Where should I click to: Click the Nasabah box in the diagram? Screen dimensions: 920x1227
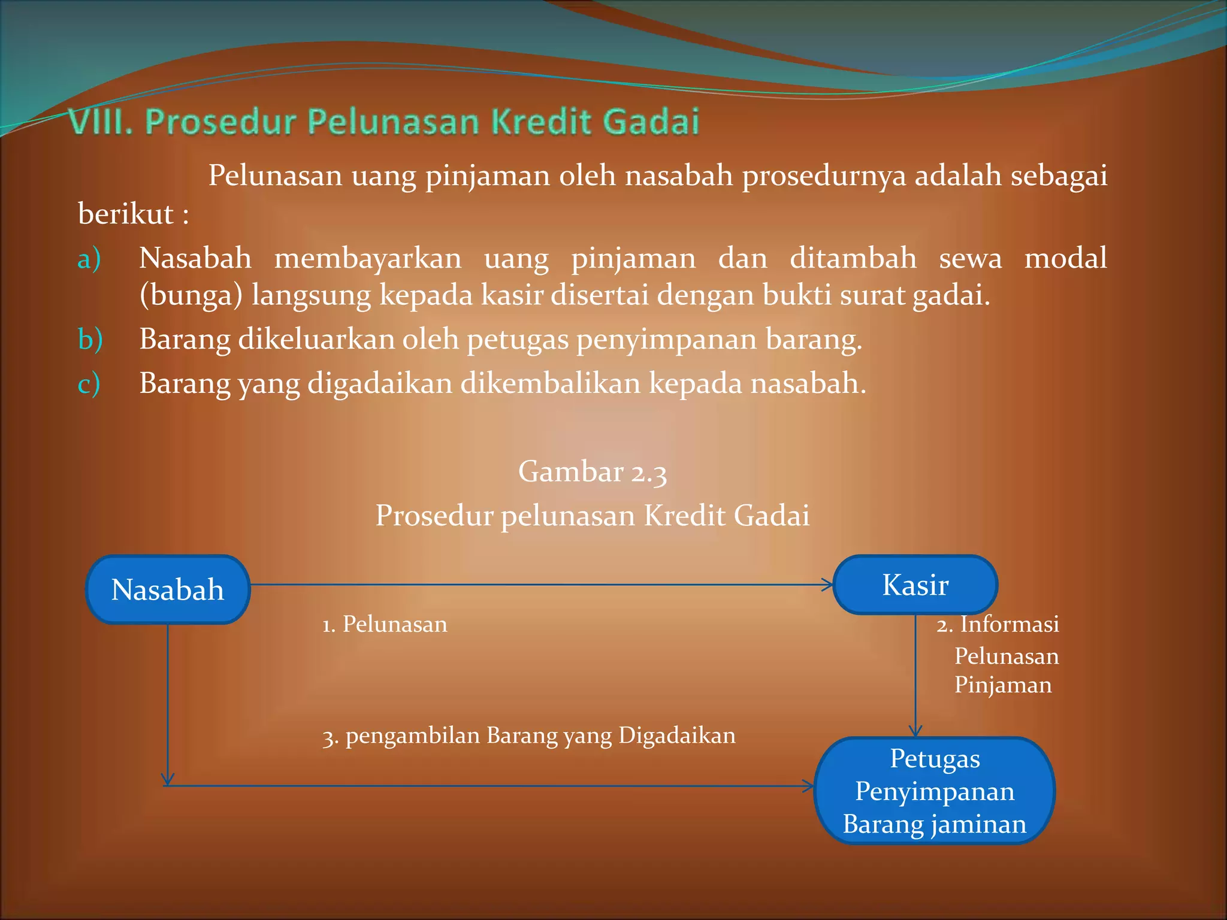(168, 589)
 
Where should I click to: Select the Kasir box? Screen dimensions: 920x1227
(915, 585)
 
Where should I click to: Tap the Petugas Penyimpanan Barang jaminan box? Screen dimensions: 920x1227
(934, 791)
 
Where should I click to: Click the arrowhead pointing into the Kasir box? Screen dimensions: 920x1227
(827, 585)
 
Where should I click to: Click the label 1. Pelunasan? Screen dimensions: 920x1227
(385, 624)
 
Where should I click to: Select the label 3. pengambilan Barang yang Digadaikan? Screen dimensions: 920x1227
(528, 736)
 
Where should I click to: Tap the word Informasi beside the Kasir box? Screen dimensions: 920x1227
(1010, 624)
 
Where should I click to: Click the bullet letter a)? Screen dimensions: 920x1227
(89, 259)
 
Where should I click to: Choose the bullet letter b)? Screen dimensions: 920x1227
(90, 339)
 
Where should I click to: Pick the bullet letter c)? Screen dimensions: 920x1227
(89, 383)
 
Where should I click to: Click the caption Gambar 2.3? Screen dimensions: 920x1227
(592, 471)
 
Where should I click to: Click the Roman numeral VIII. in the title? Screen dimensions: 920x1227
(100, 122)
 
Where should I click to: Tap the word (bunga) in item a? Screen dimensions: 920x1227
(191, 295)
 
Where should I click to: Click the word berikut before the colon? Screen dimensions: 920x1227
(126, 214)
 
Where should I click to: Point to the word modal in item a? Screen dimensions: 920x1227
(1065, 259)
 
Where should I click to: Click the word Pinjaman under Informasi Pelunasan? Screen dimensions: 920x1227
(1002, 685)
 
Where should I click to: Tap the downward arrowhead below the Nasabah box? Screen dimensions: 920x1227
(168, 779)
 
